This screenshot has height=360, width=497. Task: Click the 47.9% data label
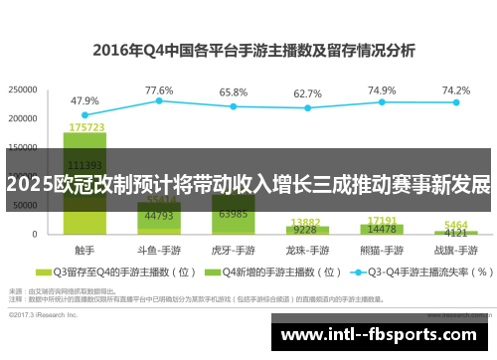click(x=84, y=100)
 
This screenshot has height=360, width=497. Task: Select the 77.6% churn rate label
click(x=159, y=90)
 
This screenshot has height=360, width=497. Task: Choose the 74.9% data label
click(x=382, y=90)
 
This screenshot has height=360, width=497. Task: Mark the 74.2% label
click(x=455, y=90)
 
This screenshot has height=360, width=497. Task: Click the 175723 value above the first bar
click(x=85, y=127)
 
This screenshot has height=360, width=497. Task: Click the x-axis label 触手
click(x=84, y=249)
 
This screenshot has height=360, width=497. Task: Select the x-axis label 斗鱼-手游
click(x=159, y=249)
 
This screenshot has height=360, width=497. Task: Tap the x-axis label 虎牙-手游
click(x=234, y=249)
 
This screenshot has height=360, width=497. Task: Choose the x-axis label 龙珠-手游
click(x=307, y=249)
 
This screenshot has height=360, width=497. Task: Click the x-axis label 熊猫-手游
click(x=382, y=249)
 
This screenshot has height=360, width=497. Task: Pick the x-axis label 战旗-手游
click(x=455, y=249)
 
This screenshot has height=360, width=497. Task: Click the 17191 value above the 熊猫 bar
click(x=382, y=220)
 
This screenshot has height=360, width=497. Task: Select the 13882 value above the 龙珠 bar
click(x=307, y=222)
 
